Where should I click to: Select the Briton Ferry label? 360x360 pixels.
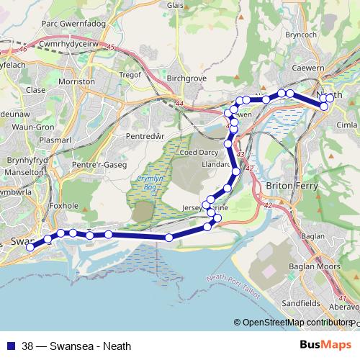(287, 185)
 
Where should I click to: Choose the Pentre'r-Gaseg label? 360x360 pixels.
(94, 165)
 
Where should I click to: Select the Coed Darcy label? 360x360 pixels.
(200, 152)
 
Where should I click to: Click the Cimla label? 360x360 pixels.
(346, 125)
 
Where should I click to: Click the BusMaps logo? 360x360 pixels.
(330, 345)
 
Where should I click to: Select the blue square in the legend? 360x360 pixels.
(11, 345)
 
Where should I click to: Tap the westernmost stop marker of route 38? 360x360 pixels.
(30, 247)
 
